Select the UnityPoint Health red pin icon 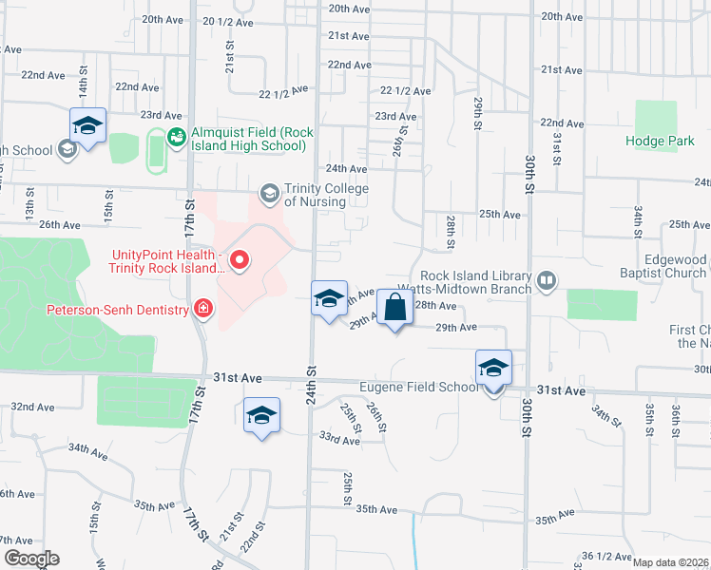(240, 258)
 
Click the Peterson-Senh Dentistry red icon (202, 307)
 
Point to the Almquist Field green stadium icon (176, 139)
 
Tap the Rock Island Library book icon (547, 280)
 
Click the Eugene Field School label (419, 388)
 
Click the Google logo (30, 559)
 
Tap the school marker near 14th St (87, 126)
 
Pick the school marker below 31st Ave (261, 416)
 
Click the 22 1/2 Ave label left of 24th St (284, 92)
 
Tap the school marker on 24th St (328, 299)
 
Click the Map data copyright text (671, 562)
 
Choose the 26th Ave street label (60, 225)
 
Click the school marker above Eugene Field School (493, 368)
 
